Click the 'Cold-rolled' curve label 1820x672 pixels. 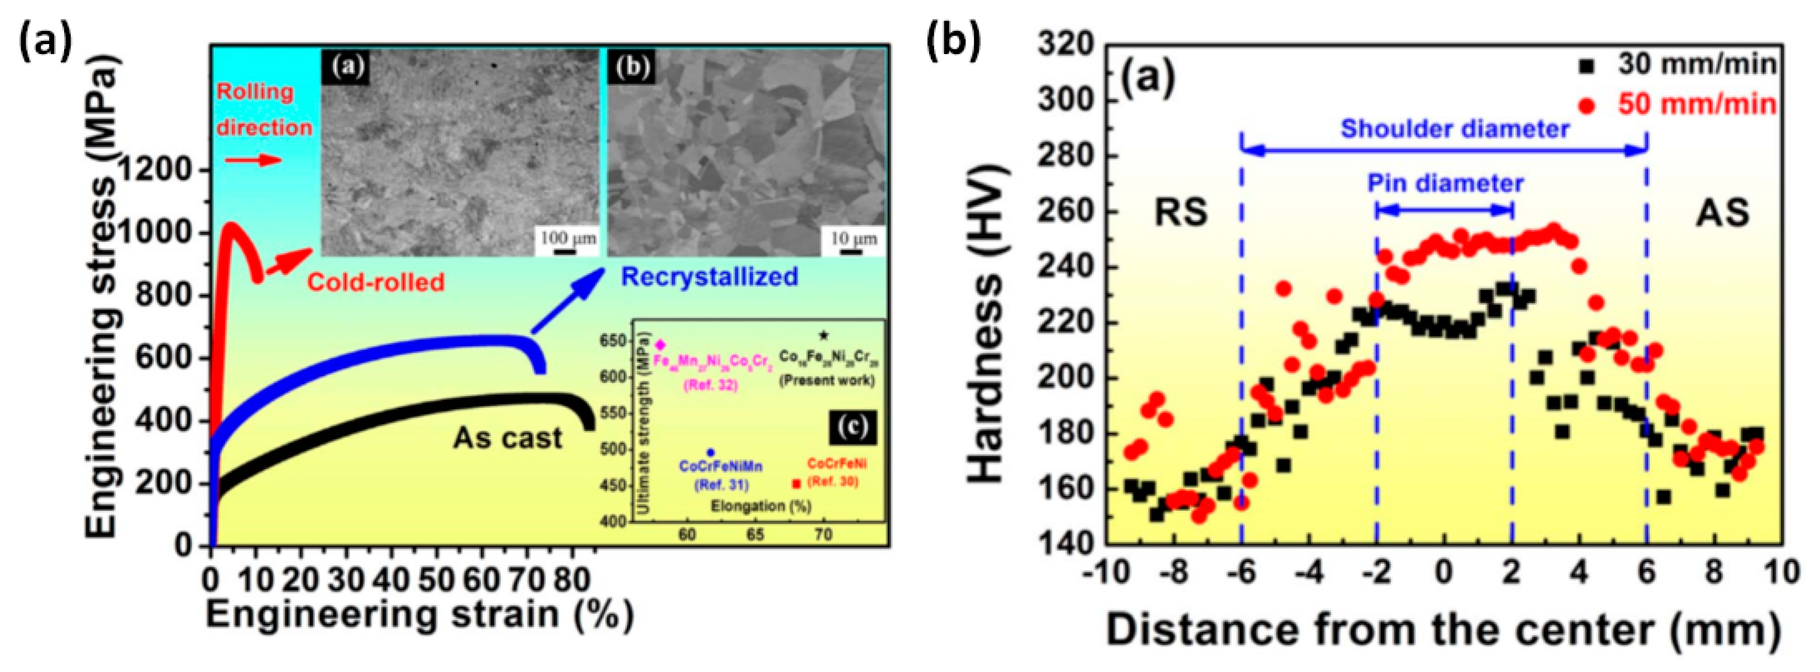point(375,282)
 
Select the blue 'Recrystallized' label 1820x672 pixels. point(710,276)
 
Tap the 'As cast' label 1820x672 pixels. point(507,438)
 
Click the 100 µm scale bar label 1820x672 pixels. point(568,238)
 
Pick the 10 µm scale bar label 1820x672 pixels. point(854,238)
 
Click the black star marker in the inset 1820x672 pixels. point(823,336)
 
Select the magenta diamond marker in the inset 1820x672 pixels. point(661,345)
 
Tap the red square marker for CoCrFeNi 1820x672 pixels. point(797,483)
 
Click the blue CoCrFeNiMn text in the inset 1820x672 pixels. point(721,467)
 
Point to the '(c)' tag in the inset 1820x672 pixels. point(853,428)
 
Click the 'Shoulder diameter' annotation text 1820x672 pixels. point(1455,129)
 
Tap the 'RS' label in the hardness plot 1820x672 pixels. point(1181,212)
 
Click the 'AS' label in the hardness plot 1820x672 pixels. point(1722,212)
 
